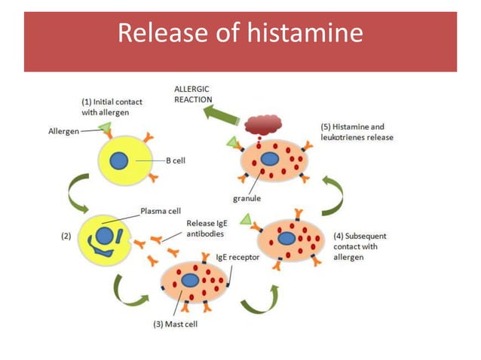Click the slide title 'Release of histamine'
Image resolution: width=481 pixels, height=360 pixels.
(x=240, y=35)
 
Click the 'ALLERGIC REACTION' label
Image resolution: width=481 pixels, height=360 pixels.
(x=193, y=94)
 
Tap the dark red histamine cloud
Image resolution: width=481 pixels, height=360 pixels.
(x=262, y=125)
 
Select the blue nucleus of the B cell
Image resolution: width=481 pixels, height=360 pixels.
(x=118, y=160)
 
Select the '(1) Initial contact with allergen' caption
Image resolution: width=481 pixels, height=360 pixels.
(x=111, y=106)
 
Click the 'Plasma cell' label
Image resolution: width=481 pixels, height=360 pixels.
(x=160, y=211)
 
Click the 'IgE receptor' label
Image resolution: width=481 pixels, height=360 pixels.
(x=238, y=257)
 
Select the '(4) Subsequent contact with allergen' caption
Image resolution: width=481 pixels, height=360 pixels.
(x=356, y=246)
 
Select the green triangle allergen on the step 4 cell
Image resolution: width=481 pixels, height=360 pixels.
(x=246, y=219)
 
